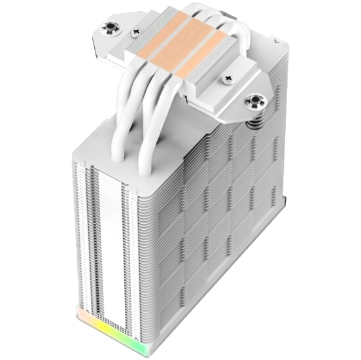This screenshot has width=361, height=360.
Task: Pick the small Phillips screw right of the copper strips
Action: [228, 79]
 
